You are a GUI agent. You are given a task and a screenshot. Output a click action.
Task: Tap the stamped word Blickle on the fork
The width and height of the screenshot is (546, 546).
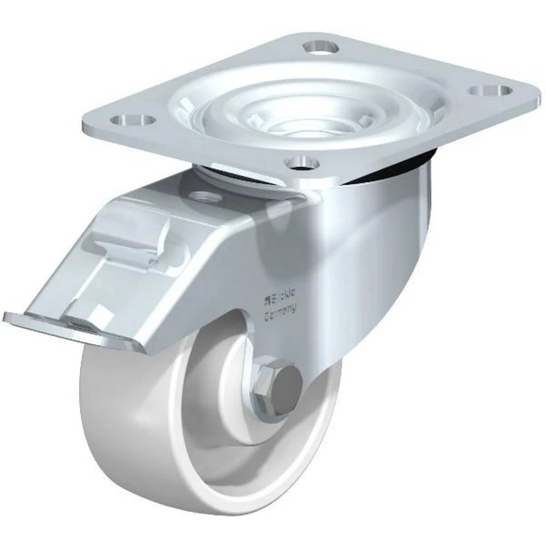point(283,299)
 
